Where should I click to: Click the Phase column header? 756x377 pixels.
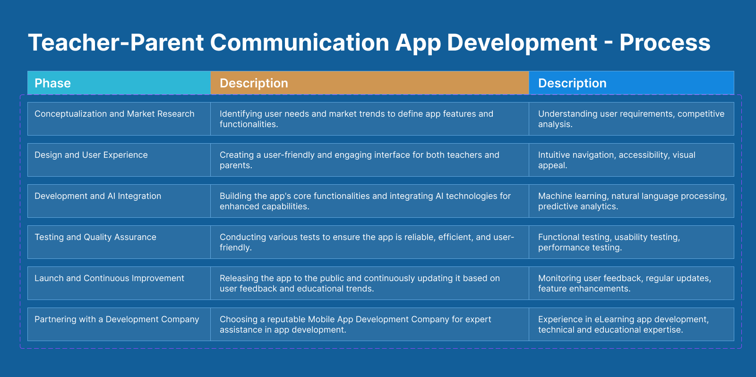click(119, 83)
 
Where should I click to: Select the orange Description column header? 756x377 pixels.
click(369, 83)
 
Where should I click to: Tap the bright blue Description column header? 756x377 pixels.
click(631, 83)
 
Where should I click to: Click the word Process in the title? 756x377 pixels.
click(664, 43)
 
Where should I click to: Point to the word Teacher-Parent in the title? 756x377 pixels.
click(116, 43)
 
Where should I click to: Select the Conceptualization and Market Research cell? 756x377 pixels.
click(119, 119)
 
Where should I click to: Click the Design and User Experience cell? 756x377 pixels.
click(119, 160)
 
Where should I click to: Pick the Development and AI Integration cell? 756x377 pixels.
click(119, 201)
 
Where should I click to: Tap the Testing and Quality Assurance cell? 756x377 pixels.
click(119, 242)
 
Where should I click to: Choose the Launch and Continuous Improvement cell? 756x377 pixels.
click(119, 283)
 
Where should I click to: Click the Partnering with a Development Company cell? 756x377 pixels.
click(119, 324)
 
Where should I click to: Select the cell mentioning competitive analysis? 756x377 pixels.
click(631, 119)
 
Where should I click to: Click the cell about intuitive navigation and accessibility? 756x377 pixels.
click(631, 160)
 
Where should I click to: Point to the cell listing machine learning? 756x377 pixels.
click(631, 201)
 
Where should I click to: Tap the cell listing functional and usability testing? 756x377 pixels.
click(631, 242)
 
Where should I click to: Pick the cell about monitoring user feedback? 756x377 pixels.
click(631, 283)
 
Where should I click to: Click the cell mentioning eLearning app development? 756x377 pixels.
click(631, 324)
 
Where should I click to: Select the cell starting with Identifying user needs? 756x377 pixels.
click(369, 119)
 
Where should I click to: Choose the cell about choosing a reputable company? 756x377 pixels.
click(369, 324)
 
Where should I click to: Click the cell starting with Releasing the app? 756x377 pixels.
click(369, 283)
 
